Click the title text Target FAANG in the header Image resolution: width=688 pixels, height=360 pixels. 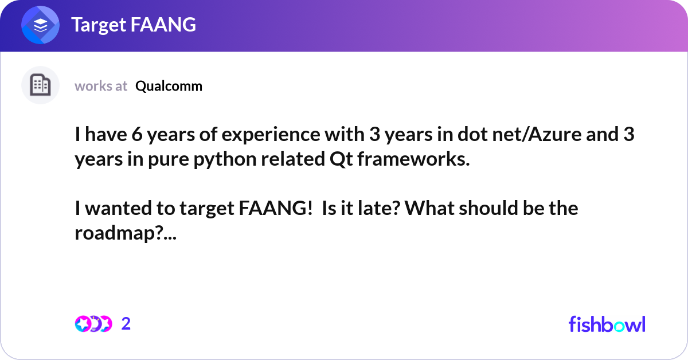133,25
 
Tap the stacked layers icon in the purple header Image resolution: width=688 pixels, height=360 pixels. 40,25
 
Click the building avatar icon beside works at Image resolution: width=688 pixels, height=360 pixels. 40,85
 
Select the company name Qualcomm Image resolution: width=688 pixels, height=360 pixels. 169,86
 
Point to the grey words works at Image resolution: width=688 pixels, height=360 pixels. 101,86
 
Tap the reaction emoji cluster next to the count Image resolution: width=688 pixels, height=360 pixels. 93,324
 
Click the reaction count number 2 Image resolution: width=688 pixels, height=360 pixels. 126,324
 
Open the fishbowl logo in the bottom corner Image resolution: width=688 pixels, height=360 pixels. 607,324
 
